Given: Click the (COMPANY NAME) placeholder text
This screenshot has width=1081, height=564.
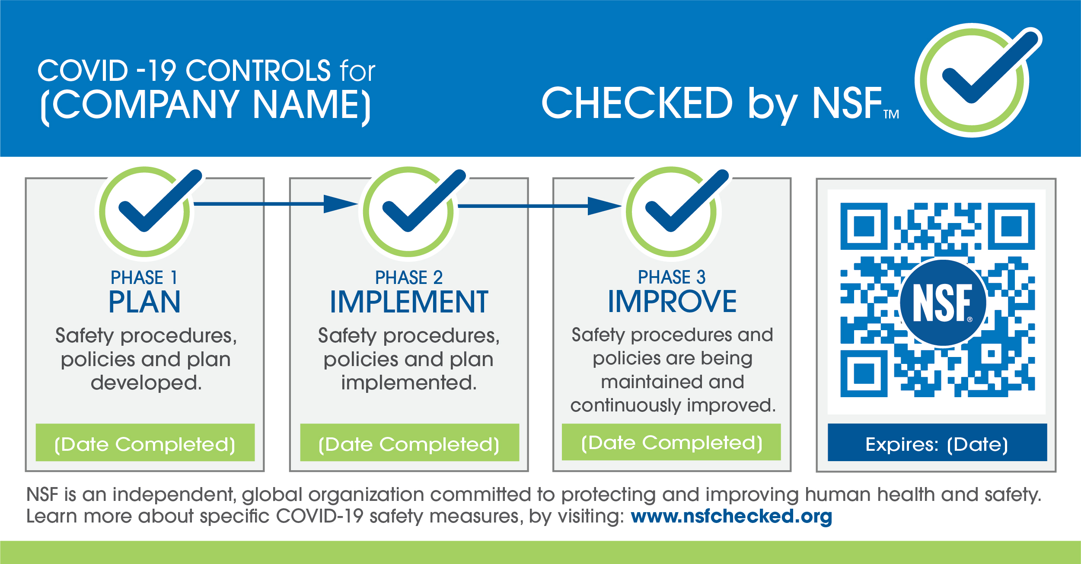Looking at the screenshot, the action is [206, 105].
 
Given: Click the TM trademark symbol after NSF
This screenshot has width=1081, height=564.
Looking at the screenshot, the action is [891, 114].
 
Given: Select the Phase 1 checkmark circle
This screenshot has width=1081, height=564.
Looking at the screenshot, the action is [144, 212].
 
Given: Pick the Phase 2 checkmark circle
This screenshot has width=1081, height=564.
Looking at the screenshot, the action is [408, 212].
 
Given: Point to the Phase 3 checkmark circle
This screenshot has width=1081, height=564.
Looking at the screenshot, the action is [672, 212].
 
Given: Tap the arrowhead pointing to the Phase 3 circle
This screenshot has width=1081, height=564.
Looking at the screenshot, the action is [604, 206].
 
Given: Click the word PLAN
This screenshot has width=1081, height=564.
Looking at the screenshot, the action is [144, 302].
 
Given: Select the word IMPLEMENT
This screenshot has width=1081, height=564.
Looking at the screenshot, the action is [409, 302].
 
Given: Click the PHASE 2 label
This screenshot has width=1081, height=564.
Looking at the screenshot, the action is [409, 277].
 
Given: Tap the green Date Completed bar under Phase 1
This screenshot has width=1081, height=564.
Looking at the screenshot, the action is [145, 443].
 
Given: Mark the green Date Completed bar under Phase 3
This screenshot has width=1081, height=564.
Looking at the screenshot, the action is [671, 442].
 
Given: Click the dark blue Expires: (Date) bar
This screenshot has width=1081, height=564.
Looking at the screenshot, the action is [938, 443].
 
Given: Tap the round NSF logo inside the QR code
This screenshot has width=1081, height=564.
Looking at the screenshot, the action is [943, 303].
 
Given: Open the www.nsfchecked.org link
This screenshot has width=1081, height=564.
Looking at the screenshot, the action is [731, 516].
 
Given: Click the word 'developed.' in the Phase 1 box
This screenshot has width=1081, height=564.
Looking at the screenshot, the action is [146, 383].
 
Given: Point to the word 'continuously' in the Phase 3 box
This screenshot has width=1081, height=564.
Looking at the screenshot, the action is [626, 406].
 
